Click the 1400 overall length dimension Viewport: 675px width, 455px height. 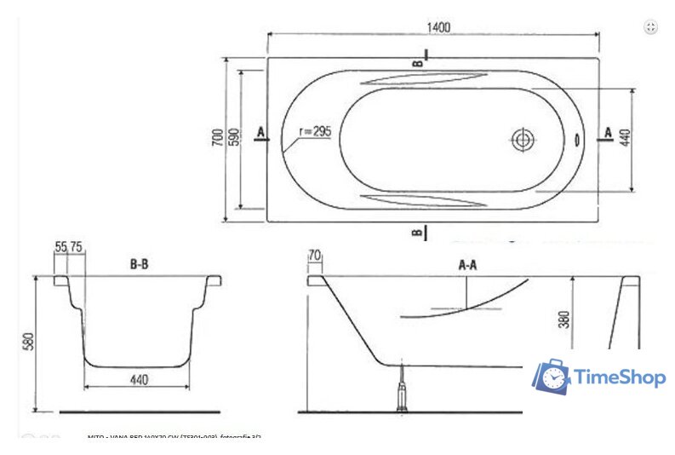pos(437,26)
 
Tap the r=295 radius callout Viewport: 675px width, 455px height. pos(315,131)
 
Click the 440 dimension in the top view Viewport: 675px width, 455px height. pos(626,138)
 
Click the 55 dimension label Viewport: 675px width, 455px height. pos(60,246)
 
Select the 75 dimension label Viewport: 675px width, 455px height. pos(76,246)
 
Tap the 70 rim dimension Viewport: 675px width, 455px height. pos(315,254)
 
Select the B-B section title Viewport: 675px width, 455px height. pos(140,265)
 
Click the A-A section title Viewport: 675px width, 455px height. pos(467,266)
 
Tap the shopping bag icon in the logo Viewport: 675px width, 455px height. pos(551,376)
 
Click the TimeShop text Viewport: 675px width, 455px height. pos(618,377)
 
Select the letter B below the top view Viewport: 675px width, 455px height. pos(417,232)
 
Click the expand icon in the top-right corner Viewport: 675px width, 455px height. pos(650,27)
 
